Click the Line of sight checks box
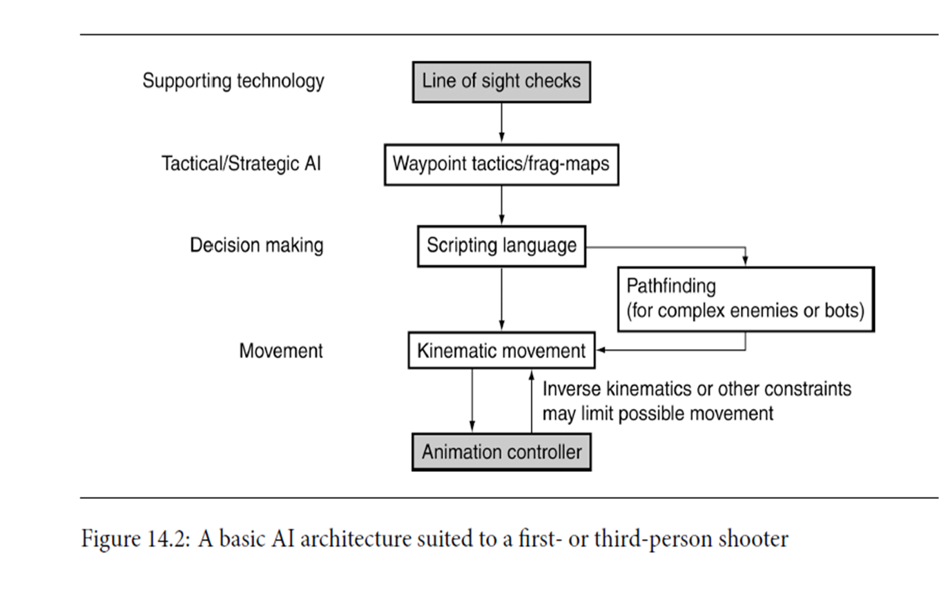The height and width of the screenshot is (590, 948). point(501,81)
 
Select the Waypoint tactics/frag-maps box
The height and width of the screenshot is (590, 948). point(501,164)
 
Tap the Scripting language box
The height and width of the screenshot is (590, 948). point(501,246)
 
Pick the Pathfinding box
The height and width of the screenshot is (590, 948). point(745,299)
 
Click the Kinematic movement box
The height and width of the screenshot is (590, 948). point(501,351)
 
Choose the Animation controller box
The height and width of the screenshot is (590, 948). point(501,452)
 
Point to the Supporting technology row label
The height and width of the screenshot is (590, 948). point(233,81)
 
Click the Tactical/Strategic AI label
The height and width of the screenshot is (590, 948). point(241,164)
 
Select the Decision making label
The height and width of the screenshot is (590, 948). point(256,245)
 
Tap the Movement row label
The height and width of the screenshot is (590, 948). point(280,351)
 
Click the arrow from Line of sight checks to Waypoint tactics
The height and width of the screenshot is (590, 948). point(501,123)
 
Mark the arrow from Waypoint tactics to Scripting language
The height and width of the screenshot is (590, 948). point(501,205)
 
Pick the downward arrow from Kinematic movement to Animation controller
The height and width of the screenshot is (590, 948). point(472,400)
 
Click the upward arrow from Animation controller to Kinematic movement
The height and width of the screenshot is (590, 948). point(531,400)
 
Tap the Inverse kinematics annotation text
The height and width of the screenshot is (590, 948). point(696,401)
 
